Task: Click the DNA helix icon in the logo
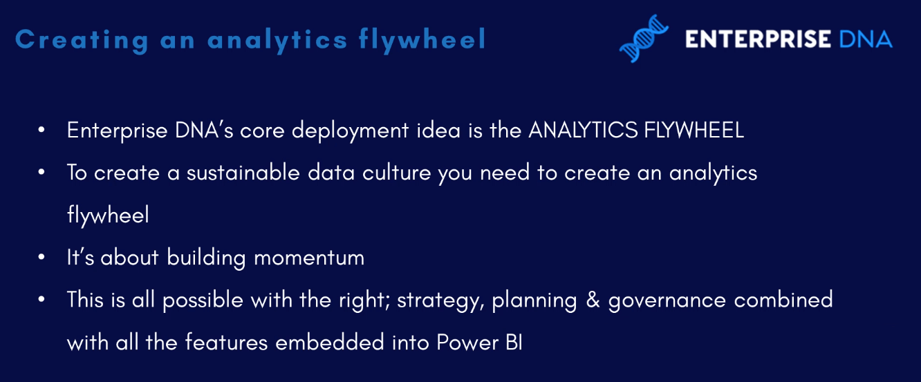click(644, 39)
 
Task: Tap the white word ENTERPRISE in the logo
click(758, 39)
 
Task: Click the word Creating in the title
click(82, 41)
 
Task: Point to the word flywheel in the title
click(422, 41)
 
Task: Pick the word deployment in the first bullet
click(350, 131)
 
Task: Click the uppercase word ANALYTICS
click(583, 130)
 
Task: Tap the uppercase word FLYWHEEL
click(694, 130)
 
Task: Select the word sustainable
click(243, 173)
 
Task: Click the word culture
click(396, 173)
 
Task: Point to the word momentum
click(309, 258)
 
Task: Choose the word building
click(206, 258)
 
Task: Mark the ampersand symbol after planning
click(593, 300)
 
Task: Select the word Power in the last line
click(467, 343)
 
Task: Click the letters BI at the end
click(514, 343)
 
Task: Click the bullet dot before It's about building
click(41, 257)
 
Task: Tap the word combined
click(783, 300)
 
